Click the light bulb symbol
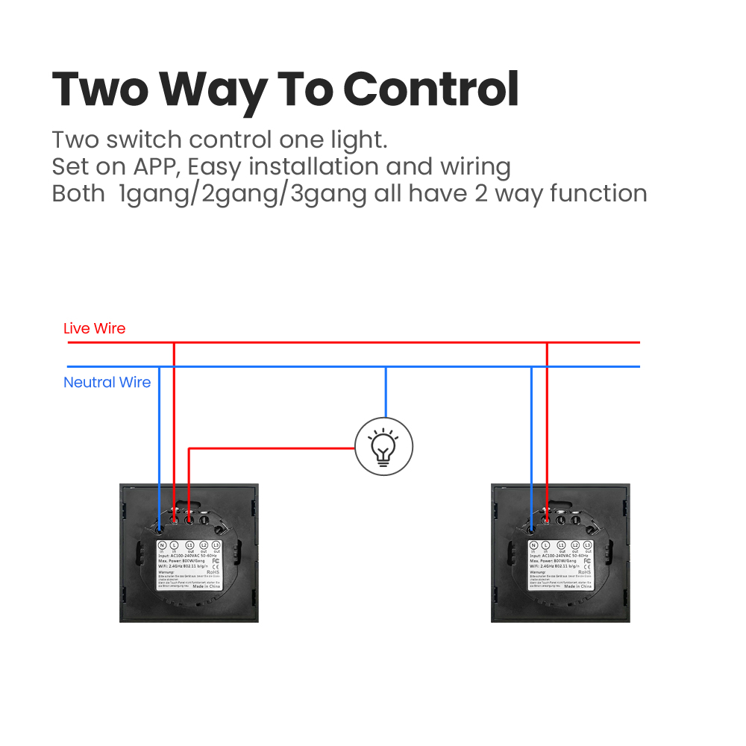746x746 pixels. point(383,448)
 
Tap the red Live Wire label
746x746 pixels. point(94,328)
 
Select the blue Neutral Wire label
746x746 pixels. point(107,383)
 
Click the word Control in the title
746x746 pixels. point(430,89)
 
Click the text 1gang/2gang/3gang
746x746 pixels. point(242,194)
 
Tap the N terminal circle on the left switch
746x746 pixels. point(162,546)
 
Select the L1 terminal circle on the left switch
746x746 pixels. point(189,546)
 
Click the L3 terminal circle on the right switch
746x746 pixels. point(588,546)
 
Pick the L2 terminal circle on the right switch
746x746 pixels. point(574,546)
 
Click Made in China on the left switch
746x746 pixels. point(205,587)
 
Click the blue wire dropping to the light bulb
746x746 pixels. point(385,392)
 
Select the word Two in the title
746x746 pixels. point(100,89)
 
